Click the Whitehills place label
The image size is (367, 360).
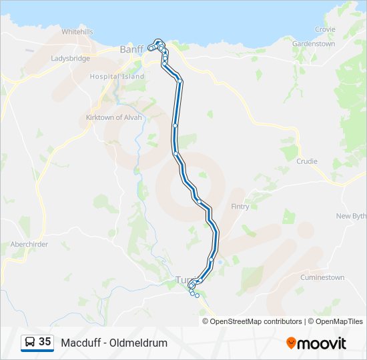point(77,31)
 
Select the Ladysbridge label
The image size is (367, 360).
point(70,58)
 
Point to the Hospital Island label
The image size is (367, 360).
point(117,77)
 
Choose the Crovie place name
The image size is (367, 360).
point(325,29)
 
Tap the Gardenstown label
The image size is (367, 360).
point(314,43)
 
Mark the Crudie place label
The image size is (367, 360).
point(308,161)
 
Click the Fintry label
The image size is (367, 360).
point(240,207)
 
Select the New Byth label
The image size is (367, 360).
point(352,216)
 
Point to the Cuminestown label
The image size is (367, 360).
point(322,277)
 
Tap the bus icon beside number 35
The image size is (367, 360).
point(30,343)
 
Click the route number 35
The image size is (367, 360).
point(45,342)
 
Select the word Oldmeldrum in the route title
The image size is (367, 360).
point(137,343)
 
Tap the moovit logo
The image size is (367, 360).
point(316,343)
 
